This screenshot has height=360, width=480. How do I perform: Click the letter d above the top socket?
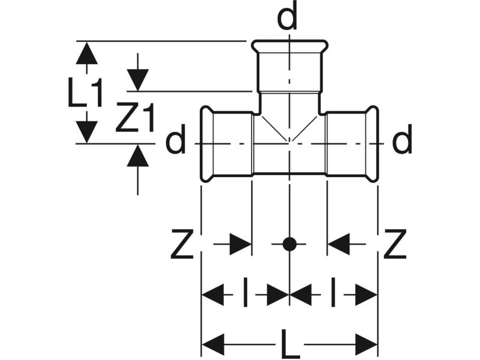coord(287,15)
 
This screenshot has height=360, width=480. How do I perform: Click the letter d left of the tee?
coord(176,139)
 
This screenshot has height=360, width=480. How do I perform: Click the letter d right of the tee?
coord(402,139)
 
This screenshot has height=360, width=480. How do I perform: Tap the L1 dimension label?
coord(85,92)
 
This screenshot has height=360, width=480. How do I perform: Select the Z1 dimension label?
coord(134,118)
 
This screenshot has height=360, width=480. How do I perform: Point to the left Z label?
coord(182,244)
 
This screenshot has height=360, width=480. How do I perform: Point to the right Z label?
coord(395,244)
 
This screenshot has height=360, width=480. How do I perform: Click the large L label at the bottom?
coord(290,344)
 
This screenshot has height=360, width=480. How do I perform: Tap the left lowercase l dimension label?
coord(245,292)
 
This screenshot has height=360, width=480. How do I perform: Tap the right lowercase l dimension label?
coord(334,292)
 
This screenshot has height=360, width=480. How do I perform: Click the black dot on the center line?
coord(289,244)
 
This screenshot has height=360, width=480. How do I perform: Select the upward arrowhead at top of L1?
coord(87,53)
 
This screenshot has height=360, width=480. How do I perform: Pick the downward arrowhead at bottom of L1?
coord(87,132)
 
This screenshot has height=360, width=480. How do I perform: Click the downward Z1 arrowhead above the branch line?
coord(138,80)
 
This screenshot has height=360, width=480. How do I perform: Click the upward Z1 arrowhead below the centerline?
coord(138,155)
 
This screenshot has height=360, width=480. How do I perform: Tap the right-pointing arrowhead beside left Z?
coord(241,244)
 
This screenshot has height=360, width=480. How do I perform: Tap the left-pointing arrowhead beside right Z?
coord(338,244)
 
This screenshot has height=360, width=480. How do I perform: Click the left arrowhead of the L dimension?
coord(214,344)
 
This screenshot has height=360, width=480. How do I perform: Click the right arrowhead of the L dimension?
coord(366,344)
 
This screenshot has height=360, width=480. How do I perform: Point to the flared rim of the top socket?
coord(290,46)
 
